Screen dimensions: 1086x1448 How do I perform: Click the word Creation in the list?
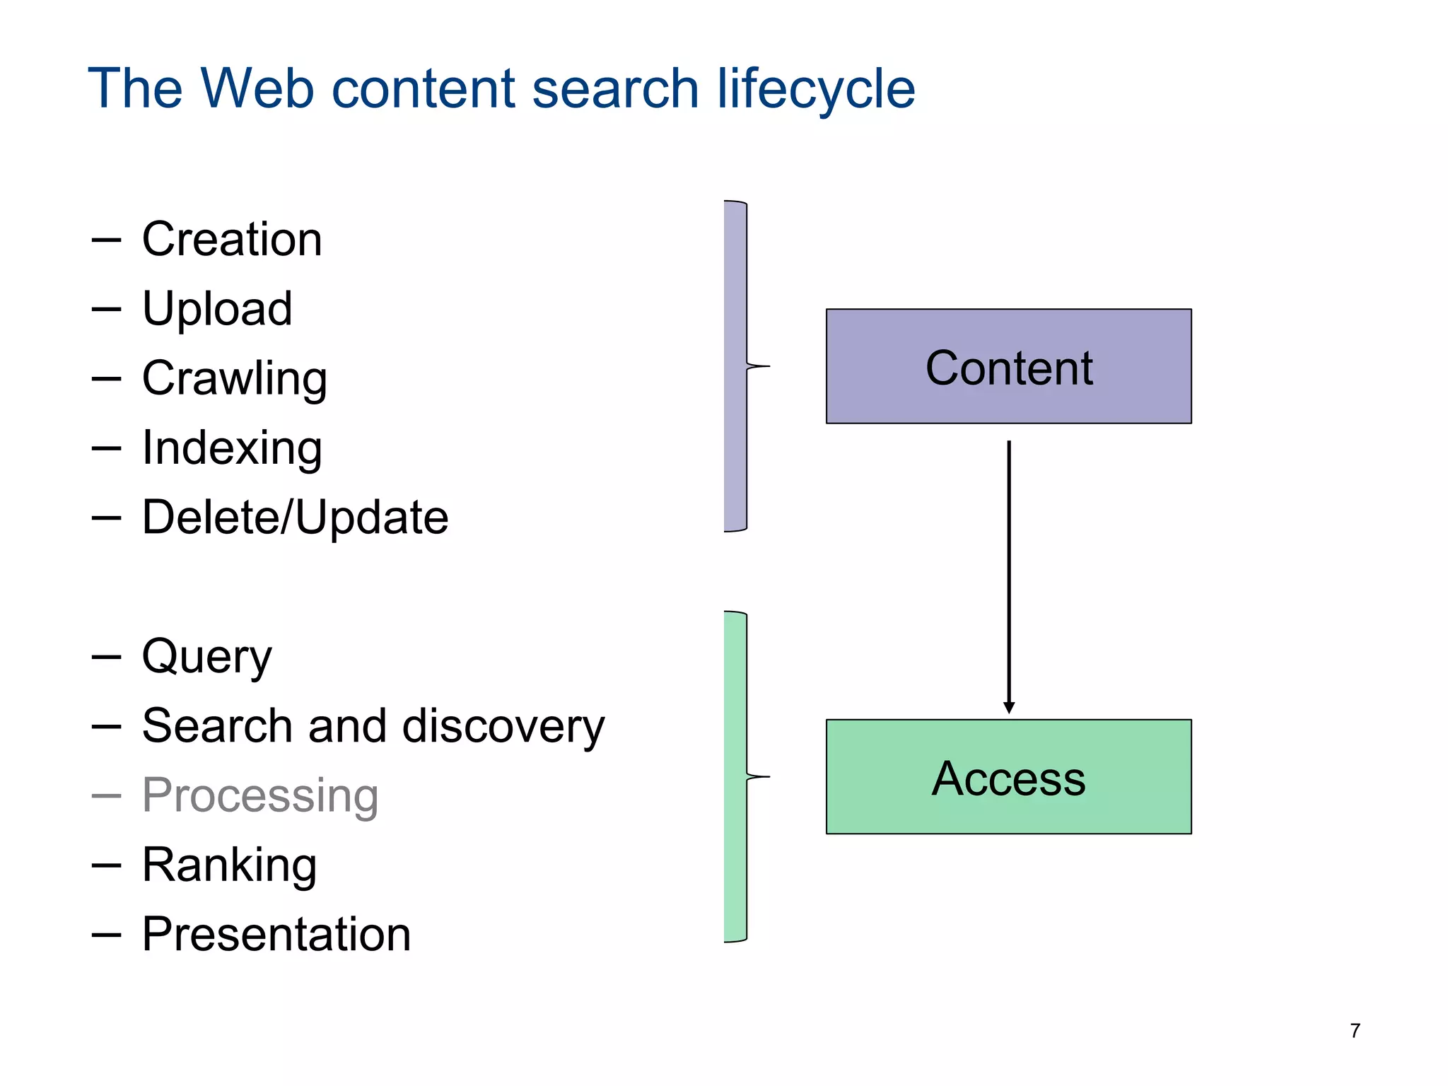point(232,239)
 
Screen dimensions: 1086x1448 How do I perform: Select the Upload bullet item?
point(217,308)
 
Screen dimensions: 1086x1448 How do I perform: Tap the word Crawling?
point(234,378)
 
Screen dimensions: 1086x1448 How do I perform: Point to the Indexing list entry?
point(232,448)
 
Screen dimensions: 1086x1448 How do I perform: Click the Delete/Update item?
point(295,517)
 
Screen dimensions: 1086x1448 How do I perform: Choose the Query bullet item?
point(206,656)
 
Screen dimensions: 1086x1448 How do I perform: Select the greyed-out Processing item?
point(260,795)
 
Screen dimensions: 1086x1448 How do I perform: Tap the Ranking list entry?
point(229,865)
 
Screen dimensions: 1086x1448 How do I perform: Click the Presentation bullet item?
point(276,934)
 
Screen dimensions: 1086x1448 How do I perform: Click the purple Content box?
point(1008,366)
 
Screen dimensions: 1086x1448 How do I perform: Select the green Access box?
point(1008,777)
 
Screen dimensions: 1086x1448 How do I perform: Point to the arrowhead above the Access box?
point(1009,708)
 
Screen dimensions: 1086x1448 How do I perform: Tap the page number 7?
point(1355,1031)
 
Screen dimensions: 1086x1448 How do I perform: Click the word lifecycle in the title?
point(816,88)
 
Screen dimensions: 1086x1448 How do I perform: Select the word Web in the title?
point(257,88)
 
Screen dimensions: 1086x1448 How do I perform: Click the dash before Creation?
point(106,240)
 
